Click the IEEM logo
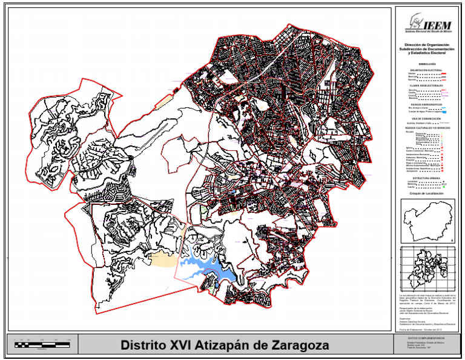click(429, 25)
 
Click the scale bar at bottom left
click(45, 344)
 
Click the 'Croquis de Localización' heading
click(427, 193)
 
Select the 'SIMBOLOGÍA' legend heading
click(427, 63)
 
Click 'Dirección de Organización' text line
click(427, 45)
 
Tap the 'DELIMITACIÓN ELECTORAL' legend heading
click(427, 70)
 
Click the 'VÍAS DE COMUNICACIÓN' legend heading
click(427, 118)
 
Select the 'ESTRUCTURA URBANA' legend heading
click(427, 178)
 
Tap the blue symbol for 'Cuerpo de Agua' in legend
click(444, 112)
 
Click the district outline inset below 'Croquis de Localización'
click(427, 219)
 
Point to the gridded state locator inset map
click(426, 270)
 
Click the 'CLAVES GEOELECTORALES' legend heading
click(427, 85)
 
